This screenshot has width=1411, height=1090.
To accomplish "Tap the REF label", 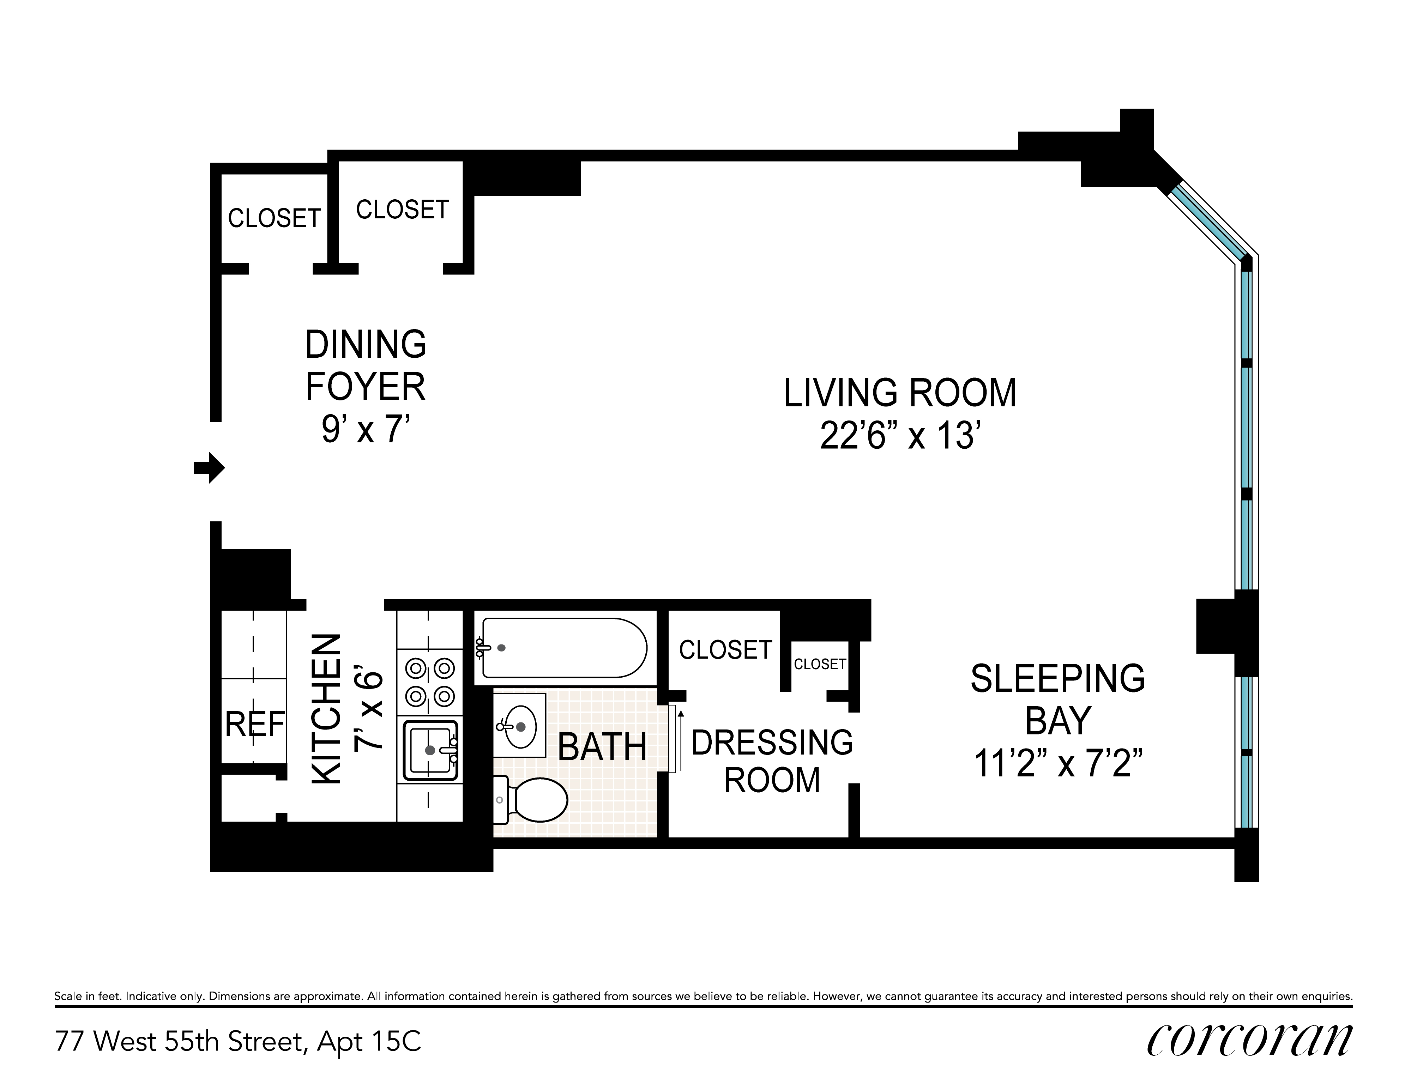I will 254,725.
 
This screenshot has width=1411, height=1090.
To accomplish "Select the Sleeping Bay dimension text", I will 1057,763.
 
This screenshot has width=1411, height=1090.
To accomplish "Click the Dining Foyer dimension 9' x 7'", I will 366,429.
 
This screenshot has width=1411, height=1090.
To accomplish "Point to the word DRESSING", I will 772,743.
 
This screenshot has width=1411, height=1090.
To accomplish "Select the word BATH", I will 602,748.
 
